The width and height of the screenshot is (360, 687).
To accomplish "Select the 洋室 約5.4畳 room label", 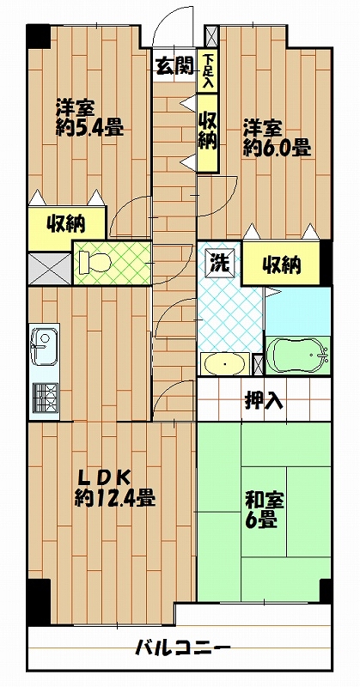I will [x=89, y=119].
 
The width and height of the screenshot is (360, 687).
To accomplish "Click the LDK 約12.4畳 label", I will [x=113, y=487].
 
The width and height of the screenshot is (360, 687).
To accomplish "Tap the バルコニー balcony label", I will [x=182, y=648].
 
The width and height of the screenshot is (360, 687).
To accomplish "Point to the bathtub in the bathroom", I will [x=297, y=355].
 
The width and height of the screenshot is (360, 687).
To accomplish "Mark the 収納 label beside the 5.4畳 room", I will [x=65, y=225].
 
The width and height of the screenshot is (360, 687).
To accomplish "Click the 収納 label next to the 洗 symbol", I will [x=282, y=264].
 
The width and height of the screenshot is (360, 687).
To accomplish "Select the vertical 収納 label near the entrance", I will [x=207, y=130].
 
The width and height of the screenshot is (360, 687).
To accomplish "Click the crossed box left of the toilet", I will [x=49, y=268].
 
